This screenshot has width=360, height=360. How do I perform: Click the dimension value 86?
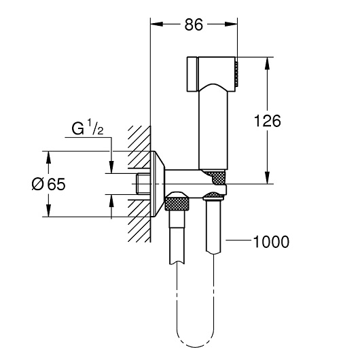194,24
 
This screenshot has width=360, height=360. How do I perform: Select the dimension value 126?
268,121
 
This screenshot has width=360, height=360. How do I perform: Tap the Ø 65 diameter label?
48,184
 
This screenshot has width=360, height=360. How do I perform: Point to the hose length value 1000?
271,242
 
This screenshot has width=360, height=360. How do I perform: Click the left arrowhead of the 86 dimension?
157,24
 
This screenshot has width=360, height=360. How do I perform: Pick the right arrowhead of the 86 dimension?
231,24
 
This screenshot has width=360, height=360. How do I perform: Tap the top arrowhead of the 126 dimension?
267,63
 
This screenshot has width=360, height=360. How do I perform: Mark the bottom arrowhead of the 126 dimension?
267,178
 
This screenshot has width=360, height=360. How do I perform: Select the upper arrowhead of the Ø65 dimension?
48,158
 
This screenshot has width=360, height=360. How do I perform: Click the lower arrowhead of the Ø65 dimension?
48,211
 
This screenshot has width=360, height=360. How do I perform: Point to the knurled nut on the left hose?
177,202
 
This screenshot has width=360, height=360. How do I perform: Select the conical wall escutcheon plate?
158,184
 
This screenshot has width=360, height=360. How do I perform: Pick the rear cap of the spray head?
192,74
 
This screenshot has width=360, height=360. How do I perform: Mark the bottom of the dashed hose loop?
196,346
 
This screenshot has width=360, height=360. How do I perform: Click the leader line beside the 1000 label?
238,240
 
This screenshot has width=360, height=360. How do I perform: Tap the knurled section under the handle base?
216,176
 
